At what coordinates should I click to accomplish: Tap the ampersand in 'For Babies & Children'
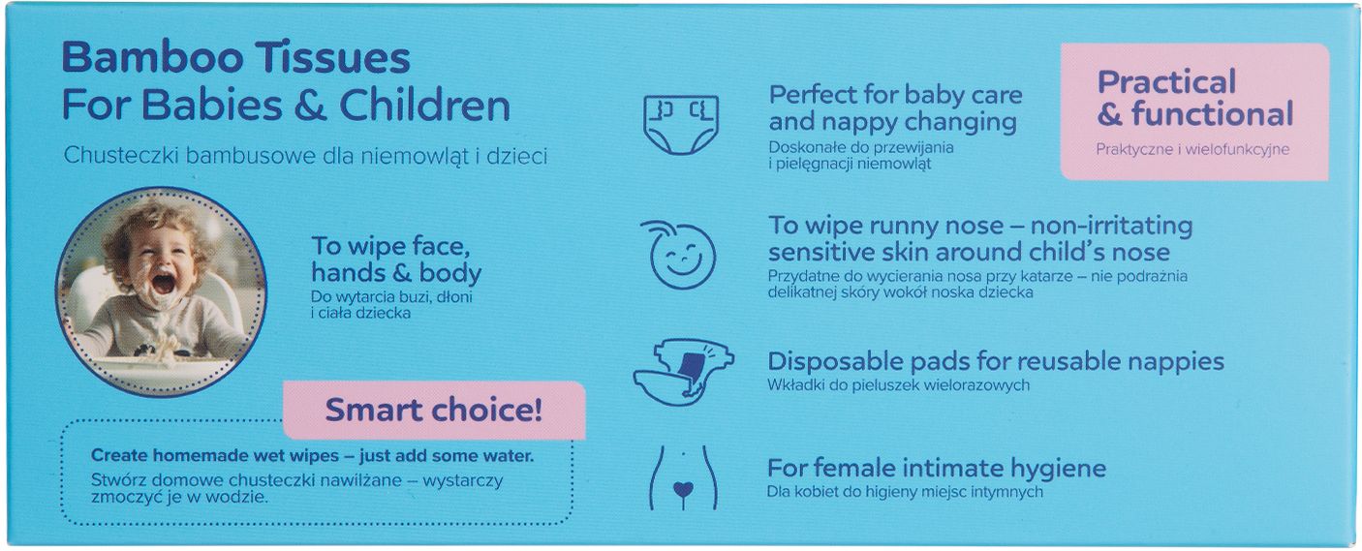click(x=310, y=106)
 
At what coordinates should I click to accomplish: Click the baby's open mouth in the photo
click(x=164, y=284)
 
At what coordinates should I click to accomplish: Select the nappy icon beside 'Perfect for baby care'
click(x=681, y=124)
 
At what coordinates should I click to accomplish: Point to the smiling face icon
click(x=680, y=254)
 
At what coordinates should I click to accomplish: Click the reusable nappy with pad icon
click(x=684, y=371)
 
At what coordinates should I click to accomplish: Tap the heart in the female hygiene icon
click(x=684, y=489)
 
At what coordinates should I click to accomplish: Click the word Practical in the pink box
click(x=1166, y=82)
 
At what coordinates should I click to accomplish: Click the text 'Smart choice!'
click(x=434, y=410)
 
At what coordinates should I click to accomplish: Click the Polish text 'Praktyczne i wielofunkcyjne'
click(x=1192, y=150)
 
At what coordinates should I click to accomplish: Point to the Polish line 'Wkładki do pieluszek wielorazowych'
click(x=898, y=385)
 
